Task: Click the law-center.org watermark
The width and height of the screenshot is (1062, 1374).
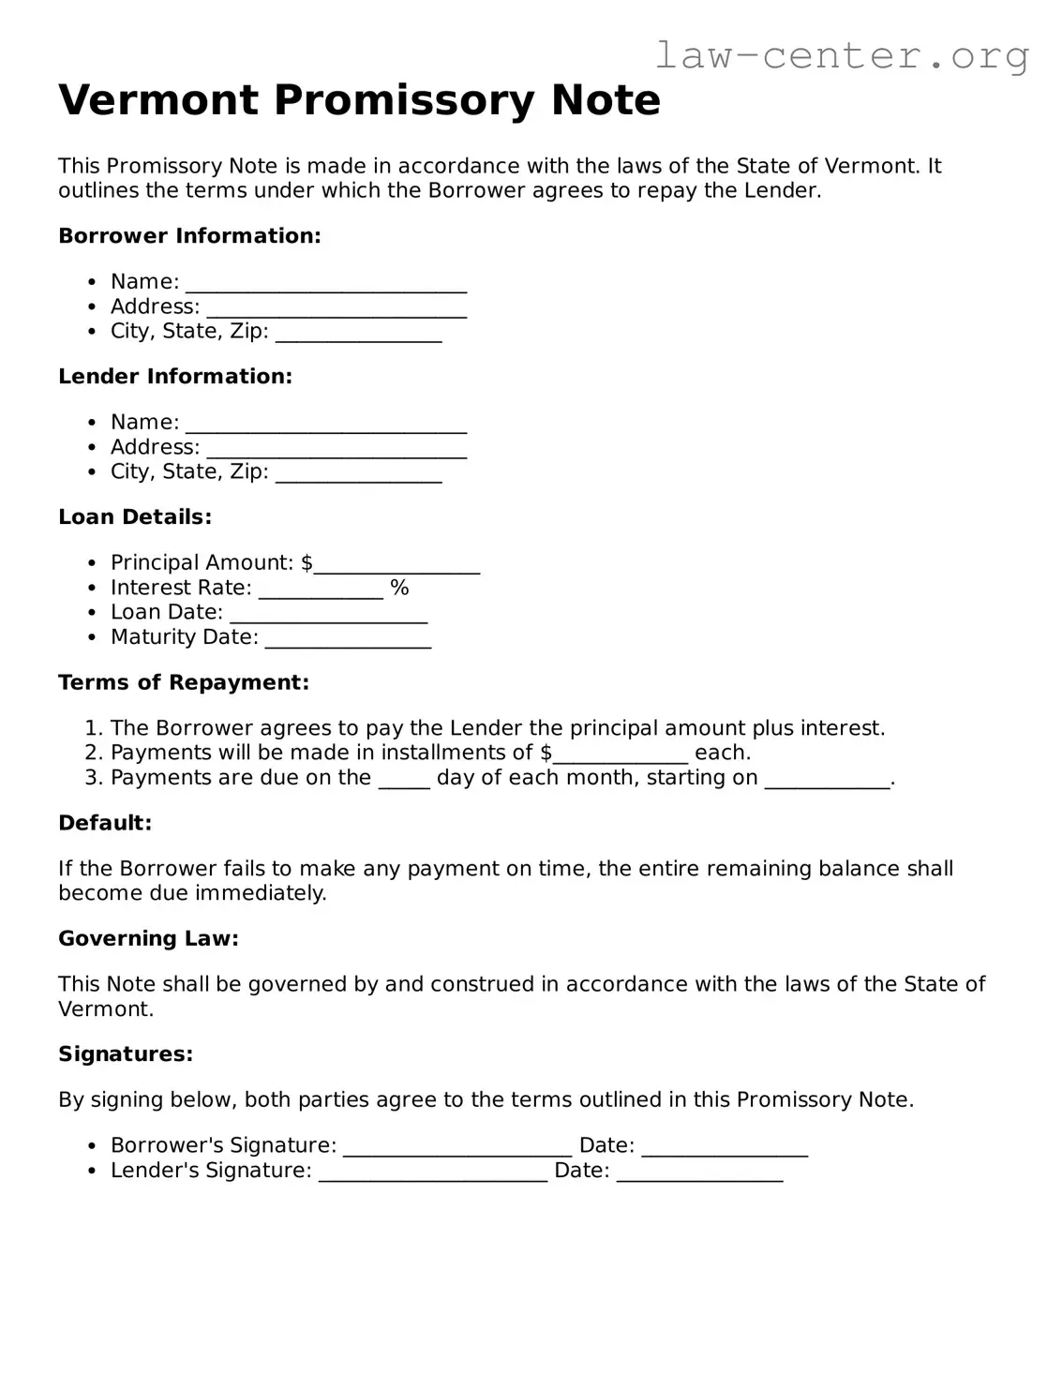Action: [841, 56]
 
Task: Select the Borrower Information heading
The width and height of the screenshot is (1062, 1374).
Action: [189, 236]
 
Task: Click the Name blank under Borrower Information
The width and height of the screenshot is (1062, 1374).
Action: [325, 284]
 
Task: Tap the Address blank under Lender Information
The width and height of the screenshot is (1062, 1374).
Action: [336, 450]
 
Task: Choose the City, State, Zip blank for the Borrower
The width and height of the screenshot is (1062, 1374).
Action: [358, 334]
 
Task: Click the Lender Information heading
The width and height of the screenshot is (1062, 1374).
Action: [175, 377]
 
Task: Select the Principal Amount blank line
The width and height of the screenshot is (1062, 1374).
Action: [396, 565]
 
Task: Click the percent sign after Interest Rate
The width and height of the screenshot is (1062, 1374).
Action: [400, 588]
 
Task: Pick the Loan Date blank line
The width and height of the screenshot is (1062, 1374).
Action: [328, 615]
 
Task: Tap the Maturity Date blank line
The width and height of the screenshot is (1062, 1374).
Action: [348, 639]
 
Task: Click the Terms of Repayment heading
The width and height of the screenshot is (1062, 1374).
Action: [184, 683]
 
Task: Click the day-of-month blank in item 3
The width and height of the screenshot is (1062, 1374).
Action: [404, 780]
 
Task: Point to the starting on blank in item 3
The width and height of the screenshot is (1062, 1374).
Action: [827, 780]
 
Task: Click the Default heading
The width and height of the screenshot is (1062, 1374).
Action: [105, 824]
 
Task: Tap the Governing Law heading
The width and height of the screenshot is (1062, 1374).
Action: [148, 939]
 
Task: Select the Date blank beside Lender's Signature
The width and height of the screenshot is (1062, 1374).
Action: [699, 1172]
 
